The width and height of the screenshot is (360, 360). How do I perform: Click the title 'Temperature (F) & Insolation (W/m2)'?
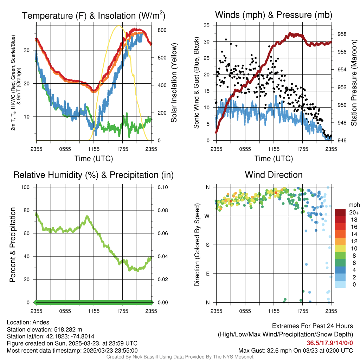94,15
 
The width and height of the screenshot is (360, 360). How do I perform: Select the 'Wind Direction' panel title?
274,175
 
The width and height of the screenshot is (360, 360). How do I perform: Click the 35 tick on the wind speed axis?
207,25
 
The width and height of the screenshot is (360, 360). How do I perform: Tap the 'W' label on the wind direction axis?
207,216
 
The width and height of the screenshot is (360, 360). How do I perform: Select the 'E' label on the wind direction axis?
208,274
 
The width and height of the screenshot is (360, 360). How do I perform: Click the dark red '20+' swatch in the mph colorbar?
340,212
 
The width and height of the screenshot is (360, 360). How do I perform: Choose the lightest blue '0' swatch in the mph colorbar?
340,284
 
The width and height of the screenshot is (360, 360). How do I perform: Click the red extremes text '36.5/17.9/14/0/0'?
330,343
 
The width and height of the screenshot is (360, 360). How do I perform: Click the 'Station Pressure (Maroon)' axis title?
354,83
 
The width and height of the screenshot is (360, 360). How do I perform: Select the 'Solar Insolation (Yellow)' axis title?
174,83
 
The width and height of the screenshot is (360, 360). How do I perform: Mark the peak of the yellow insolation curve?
119,26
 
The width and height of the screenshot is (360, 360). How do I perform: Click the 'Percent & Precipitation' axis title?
13,245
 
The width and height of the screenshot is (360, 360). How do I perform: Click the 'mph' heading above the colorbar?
353,205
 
